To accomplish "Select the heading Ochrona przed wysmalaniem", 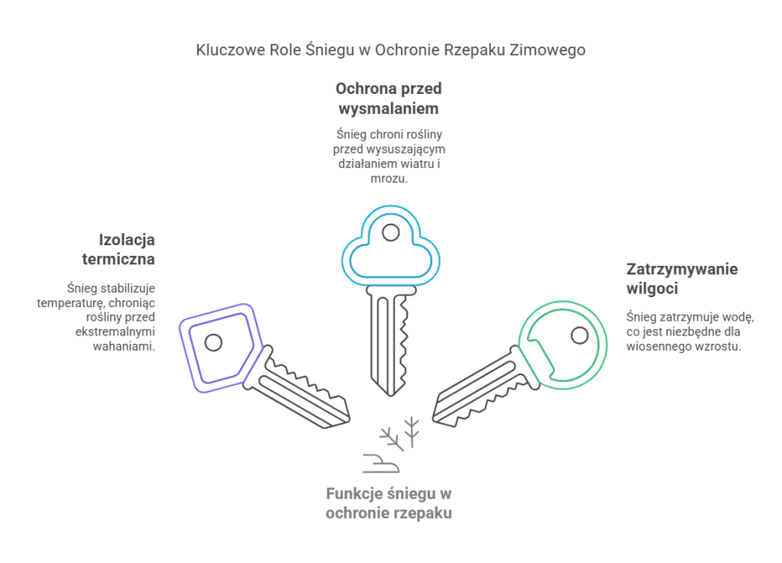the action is click(389, 99).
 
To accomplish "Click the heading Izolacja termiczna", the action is click(118, 249).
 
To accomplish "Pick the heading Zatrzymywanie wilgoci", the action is click(682, 278).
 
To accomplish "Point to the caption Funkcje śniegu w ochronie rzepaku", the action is click(389, 503).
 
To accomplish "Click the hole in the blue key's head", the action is click(390, 232).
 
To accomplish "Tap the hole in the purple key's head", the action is click(214, 342).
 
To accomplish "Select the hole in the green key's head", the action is click(580, 335).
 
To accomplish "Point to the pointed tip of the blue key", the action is click(390, 396).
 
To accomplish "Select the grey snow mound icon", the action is click(381, 463).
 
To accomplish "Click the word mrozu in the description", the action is click(389, 179).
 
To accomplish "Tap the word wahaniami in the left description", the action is click(124, 346).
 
